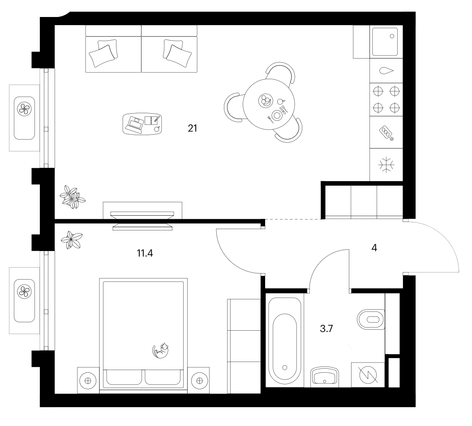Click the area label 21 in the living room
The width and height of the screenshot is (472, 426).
(193, 128)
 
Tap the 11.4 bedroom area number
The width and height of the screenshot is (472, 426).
(145, 253)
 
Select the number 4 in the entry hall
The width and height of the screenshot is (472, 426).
(374, 247)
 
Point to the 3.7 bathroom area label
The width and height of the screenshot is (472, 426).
(326, 328)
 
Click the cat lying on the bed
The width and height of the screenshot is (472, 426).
(161, 350)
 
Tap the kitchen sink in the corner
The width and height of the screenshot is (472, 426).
(385, 42)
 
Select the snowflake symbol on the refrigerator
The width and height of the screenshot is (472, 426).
(386, 165)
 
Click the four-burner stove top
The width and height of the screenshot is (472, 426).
(386, 99)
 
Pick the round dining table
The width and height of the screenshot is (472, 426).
(269, 104)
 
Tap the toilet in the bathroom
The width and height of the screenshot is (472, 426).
(371, 319)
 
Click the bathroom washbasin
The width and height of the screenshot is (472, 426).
(325, 375)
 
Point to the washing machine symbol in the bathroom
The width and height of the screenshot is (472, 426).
(368, 375)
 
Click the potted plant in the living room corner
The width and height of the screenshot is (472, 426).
(72, 197)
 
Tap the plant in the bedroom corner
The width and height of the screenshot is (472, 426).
(72, 240)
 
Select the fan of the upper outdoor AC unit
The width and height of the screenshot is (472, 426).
(24, 109)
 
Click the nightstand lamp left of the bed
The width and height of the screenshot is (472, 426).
(88, 380)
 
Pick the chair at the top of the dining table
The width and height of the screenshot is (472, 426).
(280, 72)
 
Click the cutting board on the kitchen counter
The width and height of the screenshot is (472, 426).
(386, 133)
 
